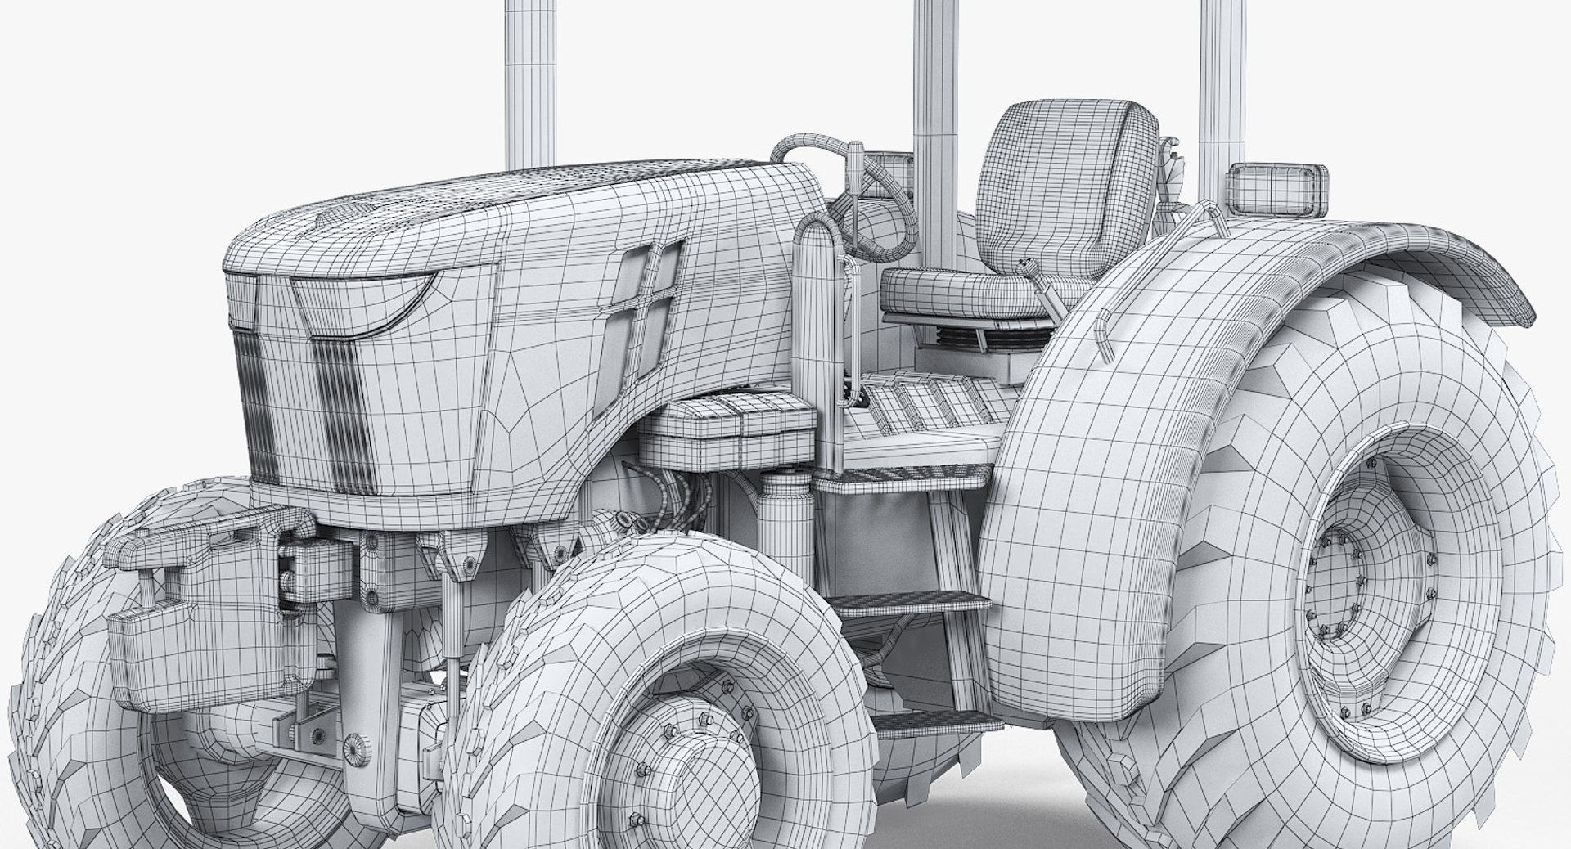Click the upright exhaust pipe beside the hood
[814, 327]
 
